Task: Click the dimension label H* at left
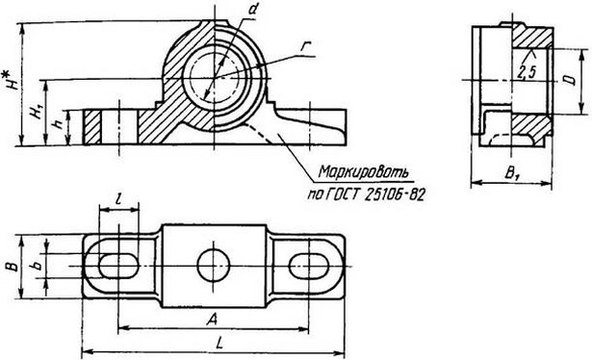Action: point(13,77)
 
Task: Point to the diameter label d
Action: point(253,10)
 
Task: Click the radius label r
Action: point(305,46)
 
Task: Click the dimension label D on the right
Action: point(571,80)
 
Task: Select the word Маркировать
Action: point(364,171)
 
